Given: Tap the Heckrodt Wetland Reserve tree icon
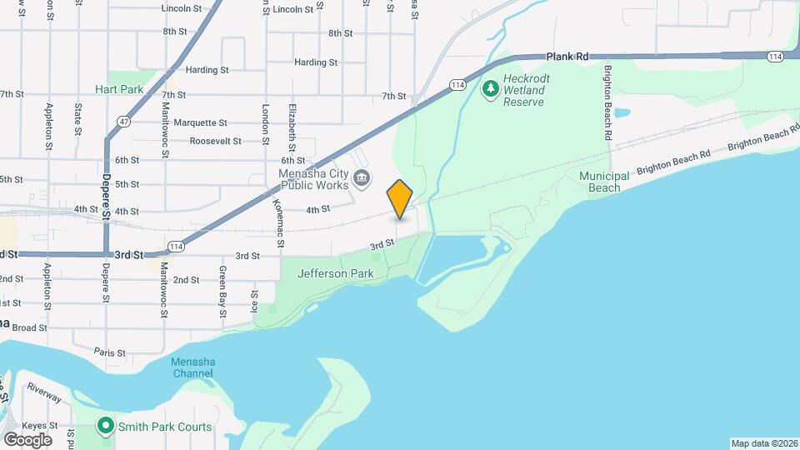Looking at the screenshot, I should tap(492, 87).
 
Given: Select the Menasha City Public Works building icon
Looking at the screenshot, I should tap(362, 177).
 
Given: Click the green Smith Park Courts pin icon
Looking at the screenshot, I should tap(106, 427).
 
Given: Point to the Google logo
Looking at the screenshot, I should tap(27, 439).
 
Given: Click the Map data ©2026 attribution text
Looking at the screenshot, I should tap(763, 443).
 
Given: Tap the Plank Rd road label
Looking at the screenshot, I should tap(567, 57).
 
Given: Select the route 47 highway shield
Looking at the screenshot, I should tap(122, 122).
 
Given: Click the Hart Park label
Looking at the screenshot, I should tap(119, 89).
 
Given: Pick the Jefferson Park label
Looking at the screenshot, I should tap(336, 272).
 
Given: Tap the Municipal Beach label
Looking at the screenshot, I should tap(600, 182).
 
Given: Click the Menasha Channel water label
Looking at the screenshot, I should tap(192, 367).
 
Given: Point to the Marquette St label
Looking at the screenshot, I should tap(201, 122).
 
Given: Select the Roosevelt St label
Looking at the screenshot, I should tap(215, 142).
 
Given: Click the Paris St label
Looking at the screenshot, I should tap(109, 352).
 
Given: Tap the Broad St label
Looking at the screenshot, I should tap(29, 327).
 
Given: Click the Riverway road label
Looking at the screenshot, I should tap(43, 392).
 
